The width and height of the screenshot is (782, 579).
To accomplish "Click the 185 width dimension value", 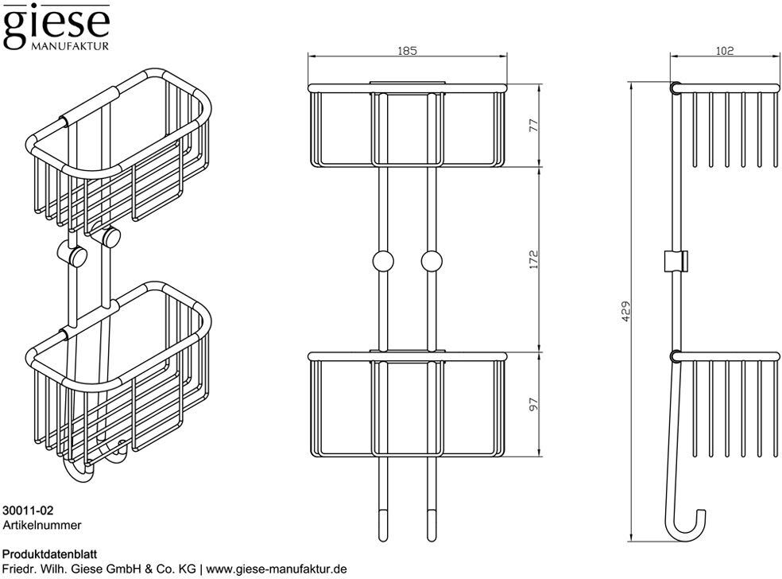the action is click(407, 50).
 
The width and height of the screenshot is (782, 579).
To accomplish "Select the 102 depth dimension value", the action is click(724, 50).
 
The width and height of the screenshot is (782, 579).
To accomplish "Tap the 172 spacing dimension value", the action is click(534, 259).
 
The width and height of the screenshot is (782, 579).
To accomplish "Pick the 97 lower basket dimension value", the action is click(534, 404).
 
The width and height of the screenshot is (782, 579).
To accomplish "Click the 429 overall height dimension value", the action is click(626, 311).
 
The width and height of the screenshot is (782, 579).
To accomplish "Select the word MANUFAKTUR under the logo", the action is click(70, 46).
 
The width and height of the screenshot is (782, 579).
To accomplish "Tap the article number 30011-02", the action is click(28, 511).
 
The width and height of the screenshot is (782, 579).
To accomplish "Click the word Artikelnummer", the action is click(42, 525).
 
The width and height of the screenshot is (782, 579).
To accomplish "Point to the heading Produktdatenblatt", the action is click(50, 554).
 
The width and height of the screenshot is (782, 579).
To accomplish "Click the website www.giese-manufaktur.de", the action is click(277, 569).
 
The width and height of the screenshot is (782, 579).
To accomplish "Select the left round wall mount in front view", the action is click(382, 262).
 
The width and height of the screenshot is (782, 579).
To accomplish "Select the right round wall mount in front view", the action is click(432, 262).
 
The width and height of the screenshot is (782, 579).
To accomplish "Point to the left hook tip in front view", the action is click(382, 540).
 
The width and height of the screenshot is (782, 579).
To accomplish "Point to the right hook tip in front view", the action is click(432, 540).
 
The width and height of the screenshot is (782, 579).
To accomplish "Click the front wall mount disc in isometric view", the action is click(78, 257).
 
